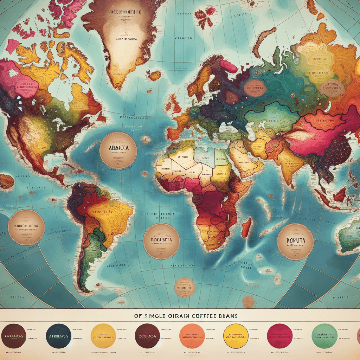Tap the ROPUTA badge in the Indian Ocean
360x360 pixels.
tap(296, 242)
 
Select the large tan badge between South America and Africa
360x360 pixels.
tap(162, 241)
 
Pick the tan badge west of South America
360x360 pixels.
tap(26, 227)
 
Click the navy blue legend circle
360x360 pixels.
tap(59, 336)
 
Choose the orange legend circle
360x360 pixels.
tap(192, 336)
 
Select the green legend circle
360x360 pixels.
tap(324, 336)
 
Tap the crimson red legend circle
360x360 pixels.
tap(280, 336)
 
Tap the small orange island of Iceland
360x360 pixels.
tap(154, 75)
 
